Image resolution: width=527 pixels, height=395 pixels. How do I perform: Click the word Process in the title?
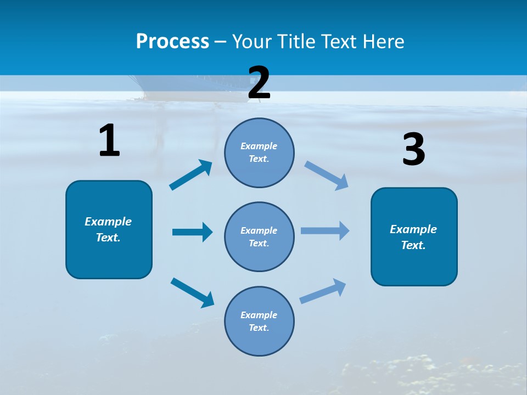[x=172, y=42]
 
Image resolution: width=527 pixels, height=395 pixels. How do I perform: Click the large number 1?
[x=109, y=141]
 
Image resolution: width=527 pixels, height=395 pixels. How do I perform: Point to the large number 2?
[x=259, y=83]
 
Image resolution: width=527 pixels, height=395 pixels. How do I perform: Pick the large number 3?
[x=413, y=150]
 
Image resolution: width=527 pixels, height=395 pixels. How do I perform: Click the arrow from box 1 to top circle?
[x=191, y=175]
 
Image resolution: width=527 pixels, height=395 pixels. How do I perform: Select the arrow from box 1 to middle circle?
[x=192, y=232]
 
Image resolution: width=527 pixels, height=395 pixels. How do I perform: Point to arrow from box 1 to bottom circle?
[x=193, y=292]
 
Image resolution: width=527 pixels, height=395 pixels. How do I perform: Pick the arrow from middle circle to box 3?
[x=325, y=231]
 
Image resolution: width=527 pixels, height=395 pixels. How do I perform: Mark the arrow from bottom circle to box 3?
[x=323, y=291]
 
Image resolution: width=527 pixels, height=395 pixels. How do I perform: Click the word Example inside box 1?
[x=108, y=222]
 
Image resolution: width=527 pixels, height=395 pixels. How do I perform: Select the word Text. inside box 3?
[x=413, y=245]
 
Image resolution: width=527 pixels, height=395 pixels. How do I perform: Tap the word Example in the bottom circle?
[x=259, y=315]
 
